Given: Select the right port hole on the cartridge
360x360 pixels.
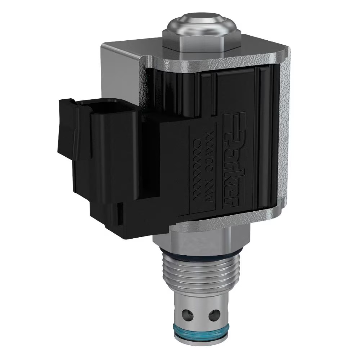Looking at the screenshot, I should (215, 314).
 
